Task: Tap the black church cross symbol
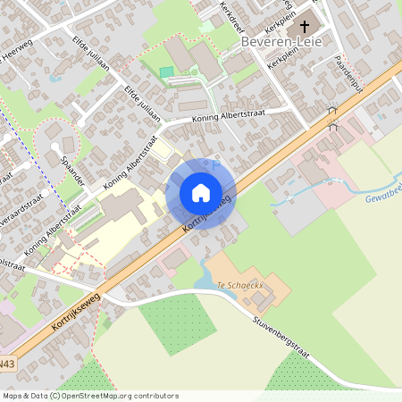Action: pos(306,27)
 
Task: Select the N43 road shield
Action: pos(7,364)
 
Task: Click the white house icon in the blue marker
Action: pos(200,192)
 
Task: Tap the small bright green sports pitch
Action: pos(167,71)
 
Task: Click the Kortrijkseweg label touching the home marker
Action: pos(206,215)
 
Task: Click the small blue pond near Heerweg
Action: pos(56,77)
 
